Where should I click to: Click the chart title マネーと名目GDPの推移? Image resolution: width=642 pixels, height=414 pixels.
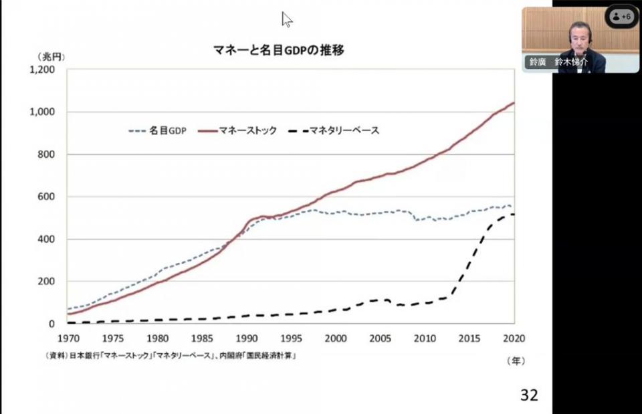278,50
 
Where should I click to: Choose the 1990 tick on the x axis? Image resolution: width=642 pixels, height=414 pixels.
246,337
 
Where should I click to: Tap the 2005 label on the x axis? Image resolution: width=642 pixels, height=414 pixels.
380,337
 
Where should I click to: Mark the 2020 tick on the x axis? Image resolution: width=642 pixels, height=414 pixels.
514,337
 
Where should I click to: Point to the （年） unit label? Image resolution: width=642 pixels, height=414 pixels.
515,360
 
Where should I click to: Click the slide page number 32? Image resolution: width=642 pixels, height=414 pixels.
528,395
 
